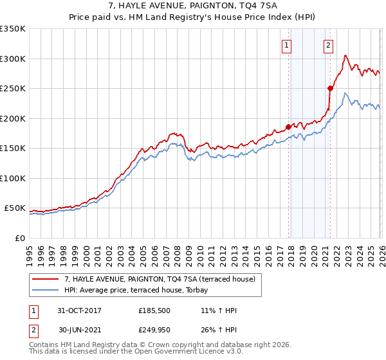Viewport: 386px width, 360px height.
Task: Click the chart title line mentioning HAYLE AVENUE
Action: (x=192, y=6)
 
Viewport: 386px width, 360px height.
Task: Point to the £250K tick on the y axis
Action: (x=13, y=89)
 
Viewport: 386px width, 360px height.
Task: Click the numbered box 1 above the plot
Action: (x=286, y=45)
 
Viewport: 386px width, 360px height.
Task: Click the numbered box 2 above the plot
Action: (x=328, y=45)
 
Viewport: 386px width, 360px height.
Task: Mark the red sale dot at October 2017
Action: (x=288, y=127)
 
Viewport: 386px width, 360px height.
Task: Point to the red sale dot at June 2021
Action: (x=330, y=89)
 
